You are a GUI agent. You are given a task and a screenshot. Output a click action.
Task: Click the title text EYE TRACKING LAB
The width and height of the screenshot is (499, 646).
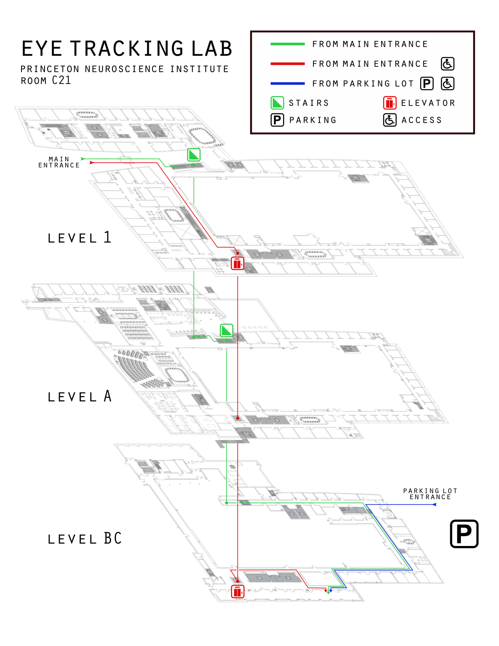(x=127, y=49)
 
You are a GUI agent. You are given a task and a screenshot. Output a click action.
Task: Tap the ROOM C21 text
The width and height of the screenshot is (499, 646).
(x=46, y=80)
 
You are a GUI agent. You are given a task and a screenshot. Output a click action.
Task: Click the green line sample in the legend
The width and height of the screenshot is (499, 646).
(x=287, y=44)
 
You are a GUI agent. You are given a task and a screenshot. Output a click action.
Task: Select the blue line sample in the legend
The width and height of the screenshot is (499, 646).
(x=287, y=84)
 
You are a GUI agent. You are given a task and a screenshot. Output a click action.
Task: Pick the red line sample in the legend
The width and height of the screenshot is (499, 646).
(x=287, y=64)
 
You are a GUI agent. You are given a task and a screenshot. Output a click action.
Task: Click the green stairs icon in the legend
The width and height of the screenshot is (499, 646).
(x=277, y=103)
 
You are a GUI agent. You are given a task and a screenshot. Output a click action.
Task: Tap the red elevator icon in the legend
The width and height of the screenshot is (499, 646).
(x=390, y=103)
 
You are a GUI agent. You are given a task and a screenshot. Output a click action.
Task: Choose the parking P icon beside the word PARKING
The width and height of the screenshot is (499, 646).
(x=277, y=120)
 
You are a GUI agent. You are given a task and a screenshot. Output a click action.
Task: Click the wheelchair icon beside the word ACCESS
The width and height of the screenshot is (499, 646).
(x=390, y=120)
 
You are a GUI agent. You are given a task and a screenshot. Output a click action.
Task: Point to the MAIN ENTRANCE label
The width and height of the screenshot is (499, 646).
(x=59, y=162)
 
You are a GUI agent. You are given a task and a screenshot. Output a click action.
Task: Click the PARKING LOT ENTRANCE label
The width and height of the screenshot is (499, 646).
(x=430, y=494)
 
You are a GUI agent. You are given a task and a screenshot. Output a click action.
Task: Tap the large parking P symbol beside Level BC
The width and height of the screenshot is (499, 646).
(x=464, y=534)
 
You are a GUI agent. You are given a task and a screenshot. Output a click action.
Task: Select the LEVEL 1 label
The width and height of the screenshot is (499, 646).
(x=80, y=237)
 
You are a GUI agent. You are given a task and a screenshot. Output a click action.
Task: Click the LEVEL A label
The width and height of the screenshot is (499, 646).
(x=80, y=396)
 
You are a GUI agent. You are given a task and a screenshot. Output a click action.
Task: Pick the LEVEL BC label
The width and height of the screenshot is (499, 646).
(x=85, y=539)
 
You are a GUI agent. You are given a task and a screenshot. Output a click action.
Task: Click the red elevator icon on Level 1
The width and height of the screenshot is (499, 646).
(x=237, y=264)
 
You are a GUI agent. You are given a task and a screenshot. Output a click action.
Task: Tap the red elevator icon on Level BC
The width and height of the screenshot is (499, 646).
(x=237, y=591)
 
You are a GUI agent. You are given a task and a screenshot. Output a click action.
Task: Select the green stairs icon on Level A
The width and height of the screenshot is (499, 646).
(x=226, y=330)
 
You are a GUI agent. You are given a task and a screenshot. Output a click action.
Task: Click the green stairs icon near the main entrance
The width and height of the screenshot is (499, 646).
(x=194, y=155)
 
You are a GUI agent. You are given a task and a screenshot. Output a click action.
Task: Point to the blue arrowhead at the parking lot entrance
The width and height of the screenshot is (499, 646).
(x=434, y=505)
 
